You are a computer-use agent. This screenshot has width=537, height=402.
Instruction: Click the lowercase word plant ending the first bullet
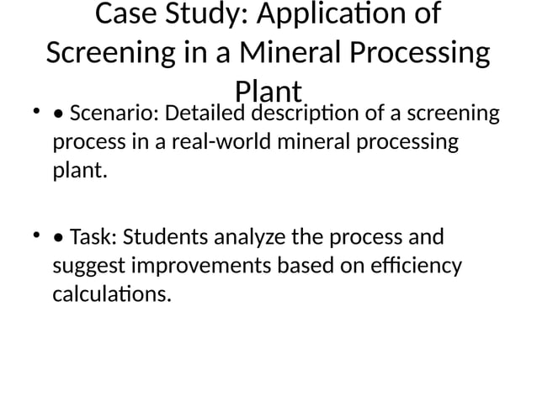[x=79, y=172]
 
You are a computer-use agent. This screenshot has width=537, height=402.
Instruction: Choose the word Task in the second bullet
[x=91, y=237]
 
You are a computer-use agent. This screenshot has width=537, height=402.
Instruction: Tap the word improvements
[x=193, y=267]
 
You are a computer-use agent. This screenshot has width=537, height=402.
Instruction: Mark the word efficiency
[x=417, y=267]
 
